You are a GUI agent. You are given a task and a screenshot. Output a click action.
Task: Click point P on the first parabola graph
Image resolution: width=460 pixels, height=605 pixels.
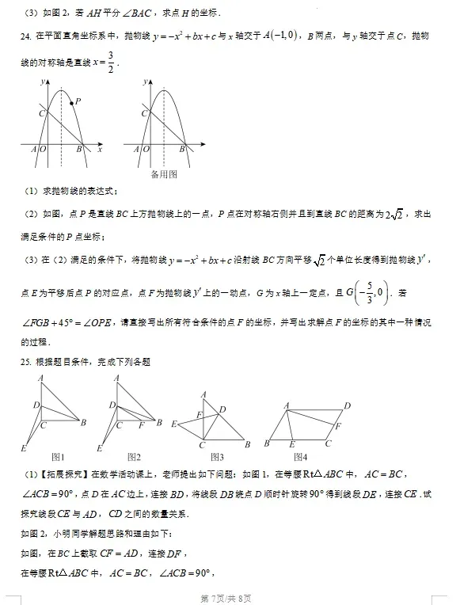[x=72, y=103]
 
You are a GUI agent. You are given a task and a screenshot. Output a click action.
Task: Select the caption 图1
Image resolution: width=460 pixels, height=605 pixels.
[x=57, y=457]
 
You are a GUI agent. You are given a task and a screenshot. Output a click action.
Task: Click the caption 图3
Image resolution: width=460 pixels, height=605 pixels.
[x=217, y=457]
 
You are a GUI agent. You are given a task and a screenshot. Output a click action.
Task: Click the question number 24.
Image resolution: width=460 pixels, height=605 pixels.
[x=25, y=36]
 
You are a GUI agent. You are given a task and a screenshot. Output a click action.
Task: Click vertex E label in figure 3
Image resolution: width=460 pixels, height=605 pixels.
[x=173, y=425]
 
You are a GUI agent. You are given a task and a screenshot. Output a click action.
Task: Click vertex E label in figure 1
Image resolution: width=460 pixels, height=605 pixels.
[x=24, y=449]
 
